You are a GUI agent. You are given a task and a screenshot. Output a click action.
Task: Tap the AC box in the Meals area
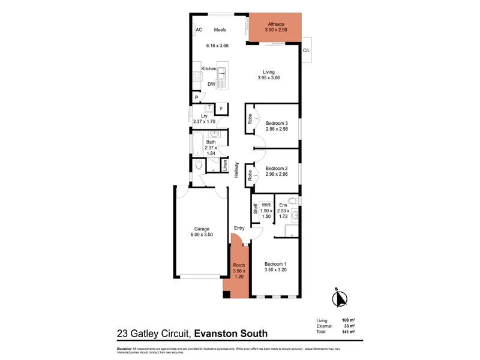pos(198,30)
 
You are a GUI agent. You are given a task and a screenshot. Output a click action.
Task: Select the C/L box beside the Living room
pos(307,50)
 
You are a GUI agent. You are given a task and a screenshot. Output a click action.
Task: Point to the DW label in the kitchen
pos(211,84)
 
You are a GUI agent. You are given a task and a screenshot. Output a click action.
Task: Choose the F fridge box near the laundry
pos(221,109)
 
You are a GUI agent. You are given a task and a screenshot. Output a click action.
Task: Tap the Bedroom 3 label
pos(277,124)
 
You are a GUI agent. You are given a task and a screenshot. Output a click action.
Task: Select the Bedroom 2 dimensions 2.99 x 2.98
pos(277,175)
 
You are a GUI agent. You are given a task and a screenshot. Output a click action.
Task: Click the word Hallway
pos(237,170)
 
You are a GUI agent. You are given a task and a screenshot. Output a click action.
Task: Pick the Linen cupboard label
pos(225,164)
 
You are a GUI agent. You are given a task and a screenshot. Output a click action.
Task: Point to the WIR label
pos(266,205)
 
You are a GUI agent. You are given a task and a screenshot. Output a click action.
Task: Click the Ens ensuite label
pos(283,205)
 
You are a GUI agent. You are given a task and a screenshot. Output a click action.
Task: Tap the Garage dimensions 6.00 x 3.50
pos(201,235)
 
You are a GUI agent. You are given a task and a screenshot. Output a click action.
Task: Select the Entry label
pos(239,227)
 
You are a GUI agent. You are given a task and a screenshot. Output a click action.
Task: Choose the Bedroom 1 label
pos(277,264)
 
